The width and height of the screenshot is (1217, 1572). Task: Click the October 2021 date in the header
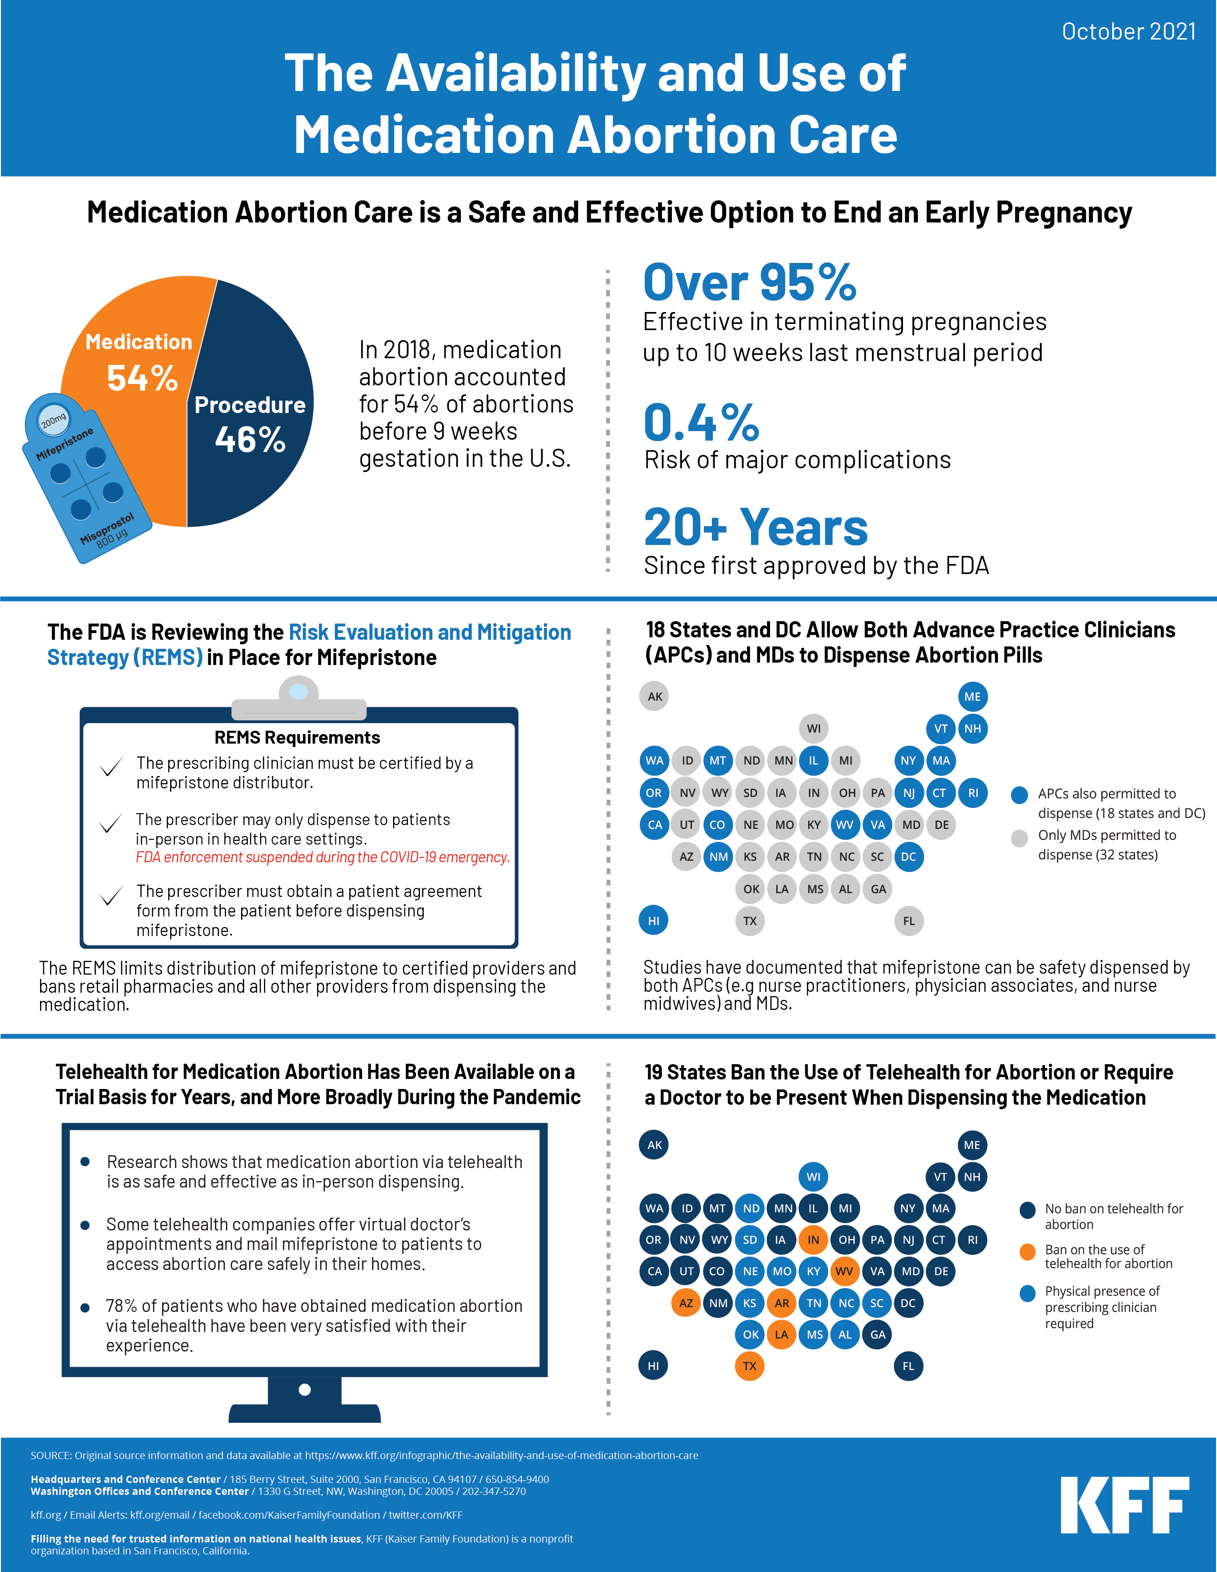click(x=1128, y=31)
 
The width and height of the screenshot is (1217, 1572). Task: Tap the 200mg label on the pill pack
click(x=53, y=420)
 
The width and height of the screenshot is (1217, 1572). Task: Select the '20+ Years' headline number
click(x=755, y=528)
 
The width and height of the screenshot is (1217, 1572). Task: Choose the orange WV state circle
click(x=844, y=1271)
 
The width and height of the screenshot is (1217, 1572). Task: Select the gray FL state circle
click(x=909, y=921)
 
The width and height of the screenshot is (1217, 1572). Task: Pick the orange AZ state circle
click(x=686, y=1303)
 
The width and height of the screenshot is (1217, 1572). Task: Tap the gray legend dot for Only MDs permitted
click(x=1019, y=838)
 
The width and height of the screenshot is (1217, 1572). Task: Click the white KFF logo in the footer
click(x=1124, y=1505)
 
